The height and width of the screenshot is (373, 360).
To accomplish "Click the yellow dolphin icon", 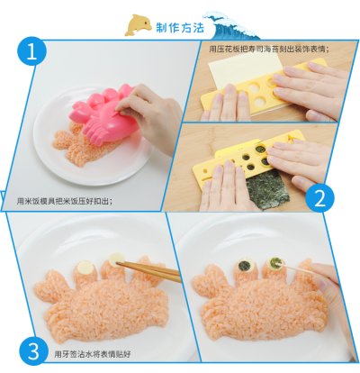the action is (138, 25).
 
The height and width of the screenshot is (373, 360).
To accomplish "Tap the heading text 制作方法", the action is (180, 28).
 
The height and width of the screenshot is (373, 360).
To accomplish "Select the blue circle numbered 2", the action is (319, 198).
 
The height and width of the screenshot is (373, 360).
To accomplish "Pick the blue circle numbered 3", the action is (33, 350).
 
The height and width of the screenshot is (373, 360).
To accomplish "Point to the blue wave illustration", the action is (232, 25).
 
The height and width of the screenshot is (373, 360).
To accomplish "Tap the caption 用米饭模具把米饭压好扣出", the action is (65, 201).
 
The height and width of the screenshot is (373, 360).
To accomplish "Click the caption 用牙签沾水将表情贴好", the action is (93, 354).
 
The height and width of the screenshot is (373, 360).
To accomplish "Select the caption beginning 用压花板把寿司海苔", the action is (269, 49).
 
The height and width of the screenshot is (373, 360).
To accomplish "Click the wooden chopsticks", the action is (150, 271).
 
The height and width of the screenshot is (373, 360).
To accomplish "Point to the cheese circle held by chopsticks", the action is (116, 259).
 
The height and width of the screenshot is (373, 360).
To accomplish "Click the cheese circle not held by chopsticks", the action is (85, 267).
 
